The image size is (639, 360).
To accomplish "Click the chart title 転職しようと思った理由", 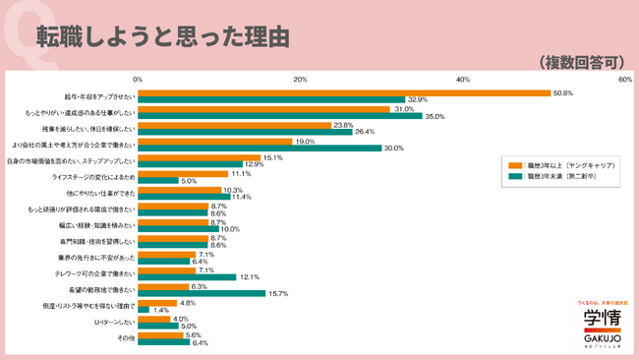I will (x=162, y=36).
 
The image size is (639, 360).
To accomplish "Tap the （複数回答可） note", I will (x=583, y=62).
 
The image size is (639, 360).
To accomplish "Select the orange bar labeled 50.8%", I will (x=344, y=93).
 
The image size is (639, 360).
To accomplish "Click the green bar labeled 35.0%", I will (x=280, y=116).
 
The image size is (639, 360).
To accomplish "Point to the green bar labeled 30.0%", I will (x=260, y=148).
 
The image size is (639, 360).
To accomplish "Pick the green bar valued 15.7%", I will (x=202, y=293).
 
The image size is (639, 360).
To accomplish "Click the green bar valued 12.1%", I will (x=187, y=276).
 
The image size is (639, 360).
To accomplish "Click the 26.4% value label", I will (x=365, y=132).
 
